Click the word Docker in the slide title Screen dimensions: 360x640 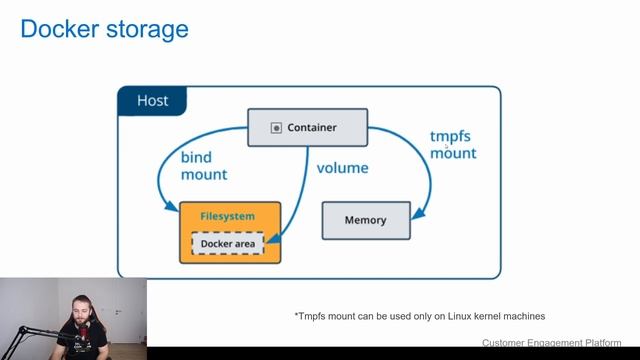[x=56, y=29]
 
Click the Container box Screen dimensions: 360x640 [x=307, y=128]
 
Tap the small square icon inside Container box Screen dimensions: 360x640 [x=276, y=128]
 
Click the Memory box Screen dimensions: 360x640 [x=365, y=220]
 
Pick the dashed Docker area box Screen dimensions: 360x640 [x=228, y=243]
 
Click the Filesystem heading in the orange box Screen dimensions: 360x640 [x=227, y=216]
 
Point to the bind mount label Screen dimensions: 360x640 [x=203, y=166]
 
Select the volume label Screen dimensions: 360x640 [x=343, y=168]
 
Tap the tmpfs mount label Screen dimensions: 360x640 [x=453, y=144]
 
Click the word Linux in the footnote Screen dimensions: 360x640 [x=456, y=316]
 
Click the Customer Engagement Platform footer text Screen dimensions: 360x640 [x=551, y=343]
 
